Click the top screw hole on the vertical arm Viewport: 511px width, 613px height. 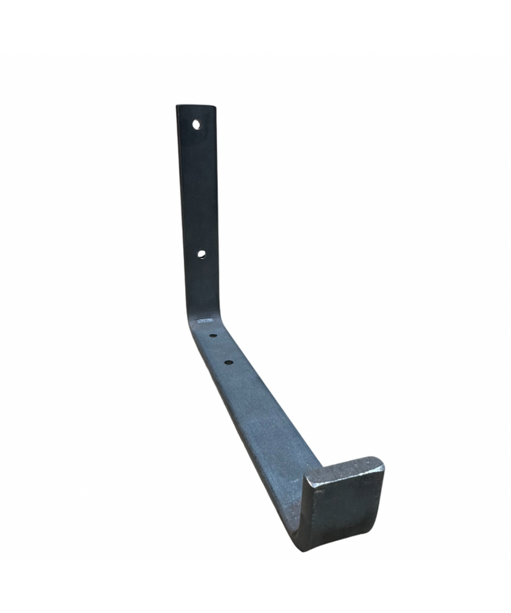coord(196,124)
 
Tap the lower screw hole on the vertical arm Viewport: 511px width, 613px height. coord(201,254)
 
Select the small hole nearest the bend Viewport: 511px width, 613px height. coord(213,336)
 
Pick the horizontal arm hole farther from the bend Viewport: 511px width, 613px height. coord(228,363)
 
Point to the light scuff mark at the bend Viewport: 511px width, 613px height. coord(205,321)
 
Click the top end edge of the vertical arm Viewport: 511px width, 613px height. coord(196,106)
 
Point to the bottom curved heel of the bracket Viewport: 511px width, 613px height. coord(304,541)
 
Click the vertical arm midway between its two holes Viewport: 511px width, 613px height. coord(199,190)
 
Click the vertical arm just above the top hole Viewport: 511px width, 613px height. coord(196,113)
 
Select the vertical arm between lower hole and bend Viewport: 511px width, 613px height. coord(202,285)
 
